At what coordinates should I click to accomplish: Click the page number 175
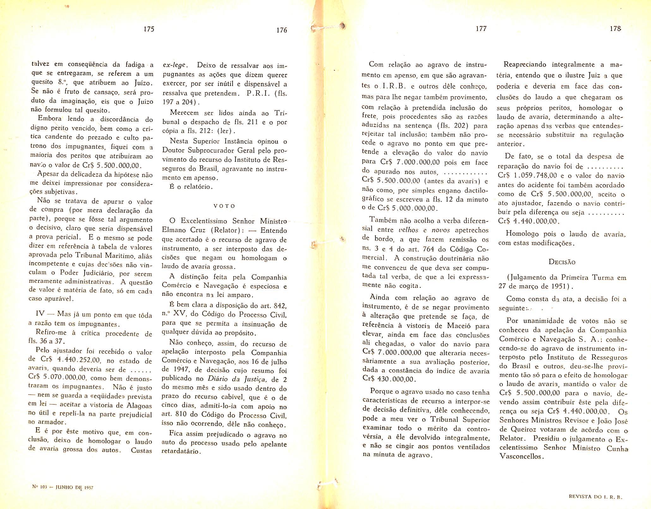click(149, 29)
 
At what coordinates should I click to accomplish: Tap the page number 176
click(281, 30)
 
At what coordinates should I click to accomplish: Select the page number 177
click(481, 29)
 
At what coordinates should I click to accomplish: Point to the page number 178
click(616, 29)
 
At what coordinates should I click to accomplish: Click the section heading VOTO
click(224, 206)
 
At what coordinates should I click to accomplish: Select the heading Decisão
click(562, 262)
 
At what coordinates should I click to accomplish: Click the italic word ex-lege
click(175, 66)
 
